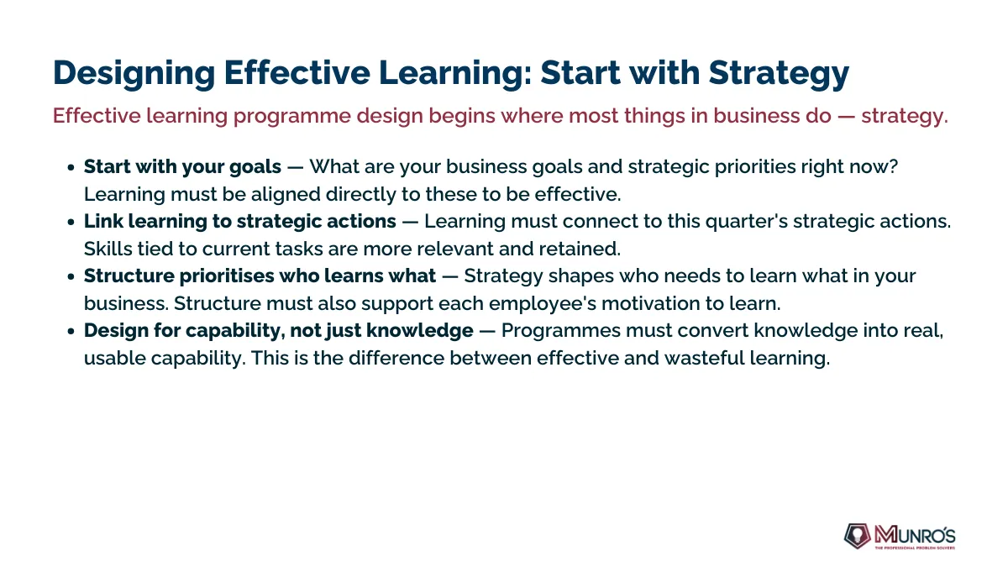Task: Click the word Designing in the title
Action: click(x=134, y=73)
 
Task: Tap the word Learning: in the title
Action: click(x=455, y=73)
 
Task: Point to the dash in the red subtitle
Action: click(x=846, y=117)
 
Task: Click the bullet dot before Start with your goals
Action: click(x=71, y=167)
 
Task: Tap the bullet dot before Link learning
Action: click(x=71, y=222)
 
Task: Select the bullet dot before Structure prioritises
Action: click(x=71, y=276)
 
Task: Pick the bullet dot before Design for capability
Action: click(x=71, y=331)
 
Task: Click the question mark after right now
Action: click(x=893, y=166)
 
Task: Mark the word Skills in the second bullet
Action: click(x=108, y=249)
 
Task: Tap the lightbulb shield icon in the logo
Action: click(x=857, y=536)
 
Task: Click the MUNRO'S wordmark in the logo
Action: click(x=915, y=535)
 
